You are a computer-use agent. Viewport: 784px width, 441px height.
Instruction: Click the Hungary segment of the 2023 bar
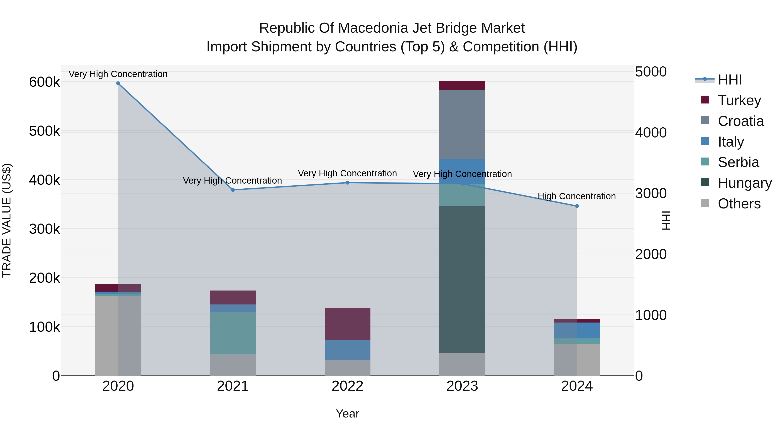tap(462, 279)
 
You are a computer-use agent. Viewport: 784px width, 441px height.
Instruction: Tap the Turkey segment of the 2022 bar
tap(347, 324)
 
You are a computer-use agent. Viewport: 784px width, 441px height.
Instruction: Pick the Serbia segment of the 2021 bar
tap(233, 333)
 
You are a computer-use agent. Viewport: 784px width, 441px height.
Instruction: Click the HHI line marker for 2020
tap(118, 83)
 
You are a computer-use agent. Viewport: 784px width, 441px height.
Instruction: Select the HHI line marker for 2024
tap(577, 206)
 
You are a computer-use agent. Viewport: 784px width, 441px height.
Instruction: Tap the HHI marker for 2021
tap(233, 190)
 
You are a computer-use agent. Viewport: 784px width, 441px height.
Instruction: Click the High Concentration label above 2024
tap(576, 196)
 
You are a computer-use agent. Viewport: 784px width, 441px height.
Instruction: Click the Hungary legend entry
tap(744, 183)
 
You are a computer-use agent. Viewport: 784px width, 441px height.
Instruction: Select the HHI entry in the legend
tap(730, 80)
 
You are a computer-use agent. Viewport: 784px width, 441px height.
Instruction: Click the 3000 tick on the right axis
tap(651, 194)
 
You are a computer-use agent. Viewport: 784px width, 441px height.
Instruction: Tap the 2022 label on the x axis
tap(347, 386)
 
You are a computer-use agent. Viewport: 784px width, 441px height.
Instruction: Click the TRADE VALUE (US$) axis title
tap(7, 220)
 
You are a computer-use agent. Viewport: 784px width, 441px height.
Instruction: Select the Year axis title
tap(347, 414)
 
